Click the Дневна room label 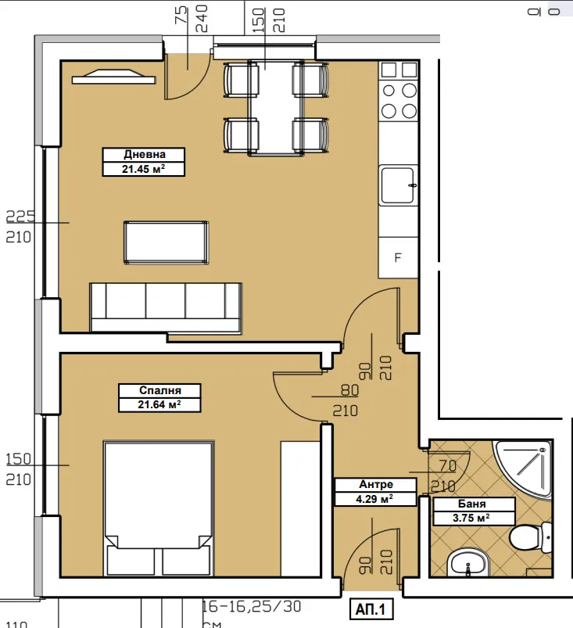144,154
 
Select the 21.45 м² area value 144,168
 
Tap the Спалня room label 159,390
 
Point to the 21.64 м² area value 159,404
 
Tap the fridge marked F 398,255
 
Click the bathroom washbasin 467,562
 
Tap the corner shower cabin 528,469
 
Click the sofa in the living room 165,307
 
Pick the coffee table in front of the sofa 167,242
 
